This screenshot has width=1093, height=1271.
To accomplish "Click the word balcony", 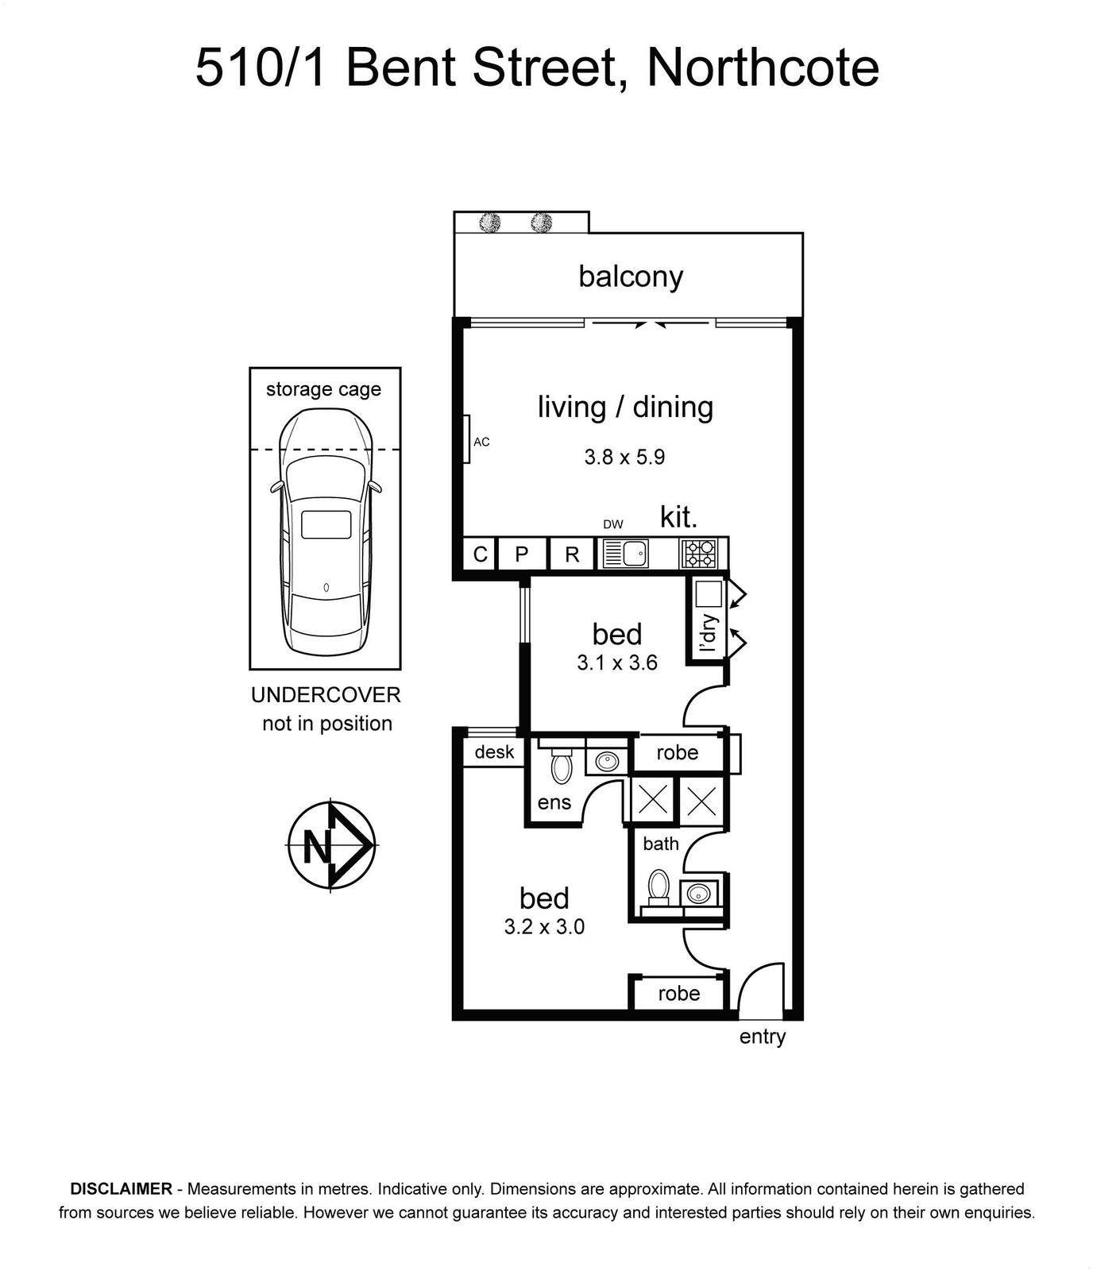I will coord(631,277).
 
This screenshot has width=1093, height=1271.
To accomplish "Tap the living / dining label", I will coord(625,407).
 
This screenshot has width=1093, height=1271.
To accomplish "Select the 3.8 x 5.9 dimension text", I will coord(624,458).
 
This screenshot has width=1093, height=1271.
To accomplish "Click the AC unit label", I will coord(481,442).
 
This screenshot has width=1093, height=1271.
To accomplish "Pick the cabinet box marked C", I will coord(480,554).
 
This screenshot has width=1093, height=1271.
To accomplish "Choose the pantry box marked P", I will coord(522,554).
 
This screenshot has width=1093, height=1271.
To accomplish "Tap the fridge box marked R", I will coord(572,554).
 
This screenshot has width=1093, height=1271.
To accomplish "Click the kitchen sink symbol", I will coord(626,554).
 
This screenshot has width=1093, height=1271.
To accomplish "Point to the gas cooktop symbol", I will coord(698,553).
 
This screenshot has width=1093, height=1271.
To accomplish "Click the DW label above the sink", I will coord(613,524).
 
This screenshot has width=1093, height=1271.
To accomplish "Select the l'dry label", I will coord(709,633).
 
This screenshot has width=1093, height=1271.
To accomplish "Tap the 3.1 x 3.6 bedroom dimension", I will coord(617,663).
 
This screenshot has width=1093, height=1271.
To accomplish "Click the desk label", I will coord(494,751).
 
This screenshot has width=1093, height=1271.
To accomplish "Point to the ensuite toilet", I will coord(562,767).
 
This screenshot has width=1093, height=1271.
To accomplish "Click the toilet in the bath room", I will coord(659,887).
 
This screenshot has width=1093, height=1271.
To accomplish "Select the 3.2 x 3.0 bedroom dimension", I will coord(544,926).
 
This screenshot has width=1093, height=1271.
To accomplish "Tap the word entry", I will coord(762,1037).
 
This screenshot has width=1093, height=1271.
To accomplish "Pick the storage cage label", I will coord(323,389).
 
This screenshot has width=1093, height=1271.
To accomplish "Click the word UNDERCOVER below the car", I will coord(326,695).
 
